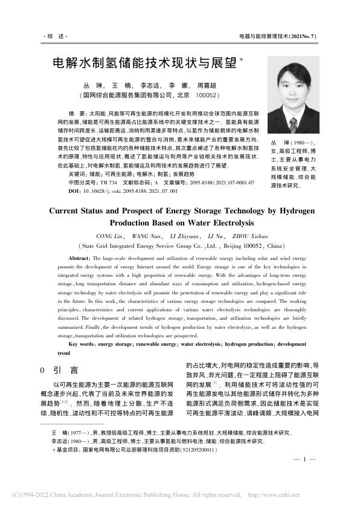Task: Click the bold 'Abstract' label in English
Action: click(x=80, y=258)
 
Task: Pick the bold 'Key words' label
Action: click(x=82, y=344)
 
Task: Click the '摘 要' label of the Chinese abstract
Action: click(x=78, y=114)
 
